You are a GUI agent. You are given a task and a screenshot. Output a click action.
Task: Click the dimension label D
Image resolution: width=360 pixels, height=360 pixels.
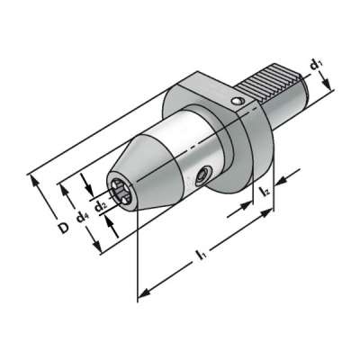(x=63, y=229)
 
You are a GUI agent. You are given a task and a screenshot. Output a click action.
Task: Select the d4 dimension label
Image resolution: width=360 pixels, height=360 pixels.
(x=81, y=216)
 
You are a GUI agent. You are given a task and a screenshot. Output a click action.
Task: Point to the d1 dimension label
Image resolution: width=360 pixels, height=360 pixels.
(x=314, y=65)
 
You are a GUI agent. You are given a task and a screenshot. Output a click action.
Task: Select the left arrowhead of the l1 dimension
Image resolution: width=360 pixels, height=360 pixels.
(x=140, y=293)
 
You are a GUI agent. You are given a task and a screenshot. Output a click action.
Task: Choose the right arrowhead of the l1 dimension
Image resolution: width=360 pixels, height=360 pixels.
(x=270, y=214)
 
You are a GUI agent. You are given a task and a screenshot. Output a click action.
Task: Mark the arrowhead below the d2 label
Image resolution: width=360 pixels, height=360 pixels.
(x=114, y=220)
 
